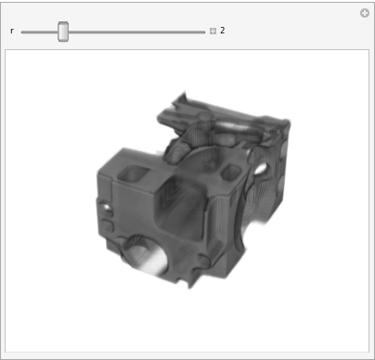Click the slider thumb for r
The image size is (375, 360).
pos(63,32)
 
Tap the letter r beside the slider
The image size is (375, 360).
pos(12,31)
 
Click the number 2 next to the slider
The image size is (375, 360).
pos(223,31)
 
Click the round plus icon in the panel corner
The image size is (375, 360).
pos(365,13)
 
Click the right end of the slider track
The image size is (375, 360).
pos(204,32)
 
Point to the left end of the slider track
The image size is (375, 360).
pos(22,32)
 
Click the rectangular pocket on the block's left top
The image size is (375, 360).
pos(134,174)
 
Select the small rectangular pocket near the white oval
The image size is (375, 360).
pos(231,172)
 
